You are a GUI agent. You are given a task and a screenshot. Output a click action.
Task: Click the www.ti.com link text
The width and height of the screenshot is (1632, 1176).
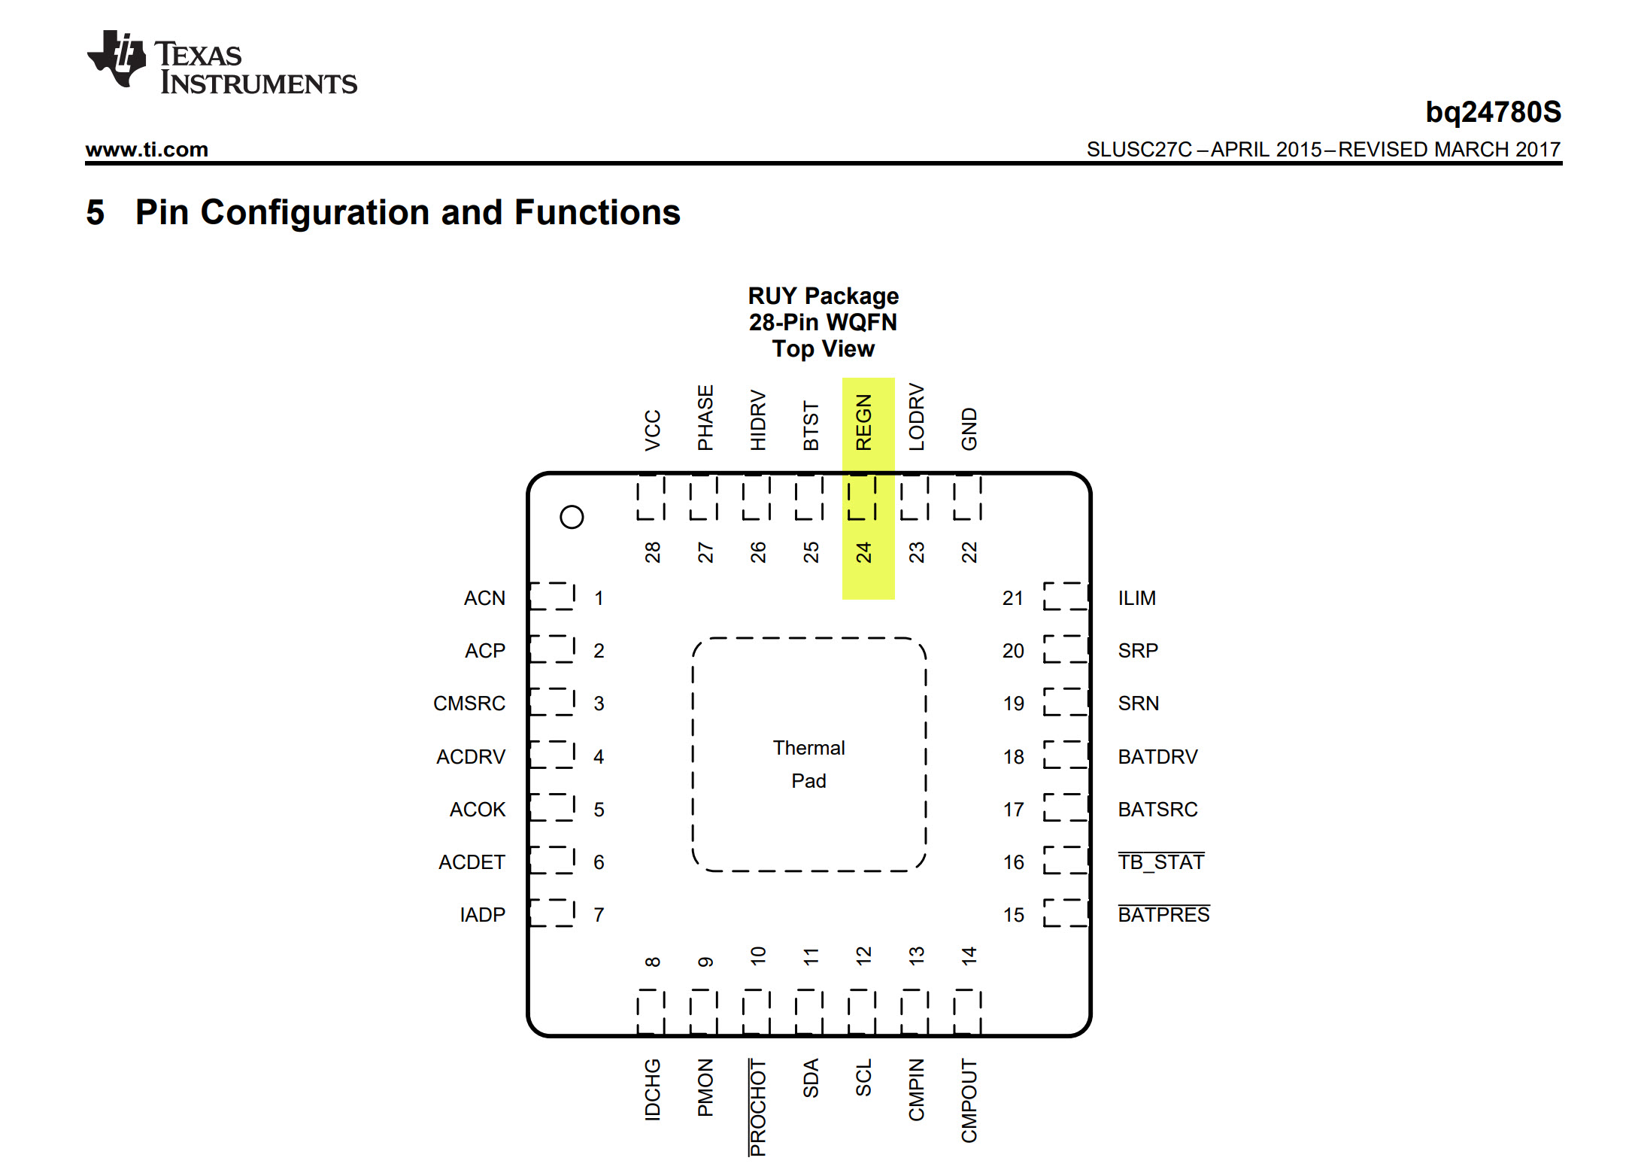[x=147, y=149]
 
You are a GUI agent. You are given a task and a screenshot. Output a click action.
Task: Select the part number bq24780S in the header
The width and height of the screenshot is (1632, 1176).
[x=1493, y=112]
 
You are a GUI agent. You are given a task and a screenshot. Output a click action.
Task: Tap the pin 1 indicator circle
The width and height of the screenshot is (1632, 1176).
[x=572, y=517]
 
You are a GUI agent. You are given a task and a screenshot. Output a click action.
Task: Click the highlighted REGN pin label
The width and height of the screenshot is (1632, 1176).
[x=863, y=422]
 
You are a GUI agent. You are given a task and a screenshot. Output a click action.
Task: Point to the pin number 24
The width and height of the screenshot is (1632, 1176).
[x=863, y=552]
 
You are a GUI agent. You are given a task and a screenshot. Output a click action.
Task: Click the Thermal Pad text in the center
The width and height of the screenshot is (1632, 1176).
[x=808, y=764]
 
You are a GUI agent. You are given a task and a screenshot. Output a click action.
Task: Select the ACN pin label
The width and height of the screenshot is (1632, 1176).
[x=484, y=598]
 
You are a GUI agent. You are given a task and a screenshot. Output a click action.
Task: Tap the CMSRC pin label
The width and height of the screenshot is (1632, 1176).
[x=469, y=703]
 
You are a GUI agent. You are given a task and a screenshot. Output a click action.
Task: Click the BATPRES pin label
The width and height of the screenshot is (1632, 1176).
[x=1163, y=915]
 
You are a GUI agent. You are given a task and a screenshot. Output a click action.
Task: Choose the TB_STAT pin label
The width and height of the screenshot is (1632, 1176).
[x=1160, y=862]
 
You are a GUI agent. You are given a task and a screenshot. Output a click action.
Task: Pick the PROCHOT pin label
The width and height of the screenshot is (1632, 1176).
[x=758, y=1107]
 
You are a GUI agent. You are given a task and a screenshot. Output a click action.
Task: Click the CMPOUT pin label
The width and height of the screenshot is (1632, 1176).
[x=969, y=1100]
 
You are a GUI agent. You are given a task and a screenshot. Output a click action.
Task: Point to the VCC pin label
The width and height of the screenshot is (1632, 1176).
[x=652, y=430]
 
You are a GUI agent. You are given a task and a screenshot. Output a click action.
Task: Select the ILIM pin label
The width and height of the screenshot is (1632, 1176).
[x=1136, y=598]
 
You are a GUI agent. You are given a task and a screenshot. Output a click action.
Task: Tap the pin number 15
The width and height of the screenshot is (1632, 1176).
[x=1013, y=915]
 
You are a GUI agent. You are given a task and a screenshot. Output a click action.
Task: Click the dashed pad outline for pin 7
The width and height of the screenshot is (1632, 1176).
[x=553, y=913]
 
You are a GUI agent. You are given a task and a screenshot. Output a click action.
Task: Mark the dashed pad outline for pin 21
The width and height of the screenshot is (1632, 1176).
[x=1065, y=596]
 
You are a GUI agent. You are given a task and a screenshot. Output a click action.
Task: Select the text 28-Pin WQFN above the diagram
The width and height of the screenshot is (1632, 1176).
[x=823, y=322]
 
